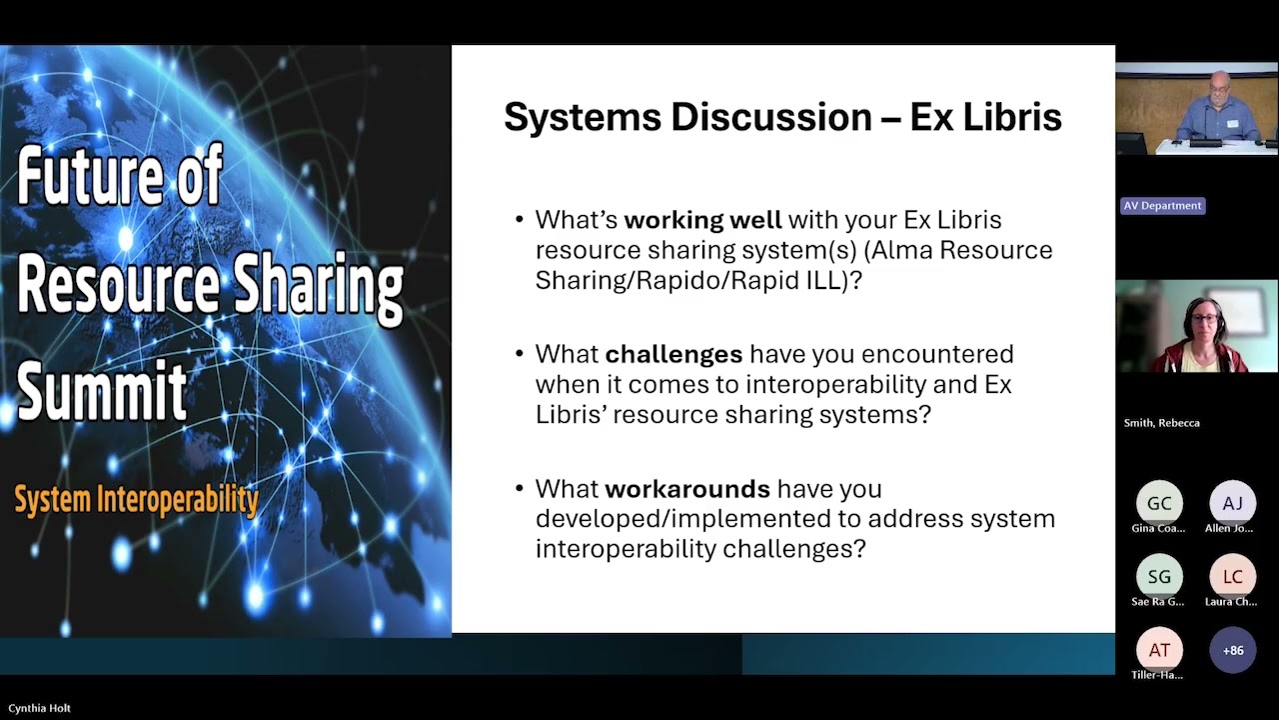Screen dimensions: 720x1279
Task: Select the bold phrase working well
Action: [702, 220]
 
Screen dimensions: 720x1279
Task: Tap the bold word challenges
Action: [673, 355]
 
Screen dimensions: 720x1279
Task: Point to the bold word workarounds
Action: [687, 489]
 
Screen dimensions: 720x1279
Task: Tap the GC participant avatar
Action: [1159, 503]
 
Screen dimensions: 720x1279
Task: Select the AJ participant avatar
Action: [1232, 503]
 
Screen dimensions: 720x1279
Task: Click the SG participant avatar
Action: [1159, 577]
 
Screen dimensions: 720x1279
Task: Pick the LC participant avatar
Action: [1232, 577]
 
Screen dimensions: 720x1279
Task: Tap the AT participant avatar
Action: [1159, 650]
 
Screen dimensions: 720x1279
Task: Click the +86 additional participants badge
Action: [1232, 650]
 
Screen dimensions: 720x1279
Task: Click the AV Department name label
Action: [1162, 206]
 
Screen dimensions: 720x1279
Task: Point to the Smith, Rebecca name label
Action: [1161, 423]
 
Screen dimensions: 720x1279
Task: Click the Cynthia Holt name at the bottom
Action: [39, 708]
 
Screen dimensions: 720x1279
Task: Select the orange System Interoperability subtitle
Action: [136, 500]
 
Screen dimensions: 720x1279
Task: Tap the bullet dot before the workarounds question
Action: [519, 489]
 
